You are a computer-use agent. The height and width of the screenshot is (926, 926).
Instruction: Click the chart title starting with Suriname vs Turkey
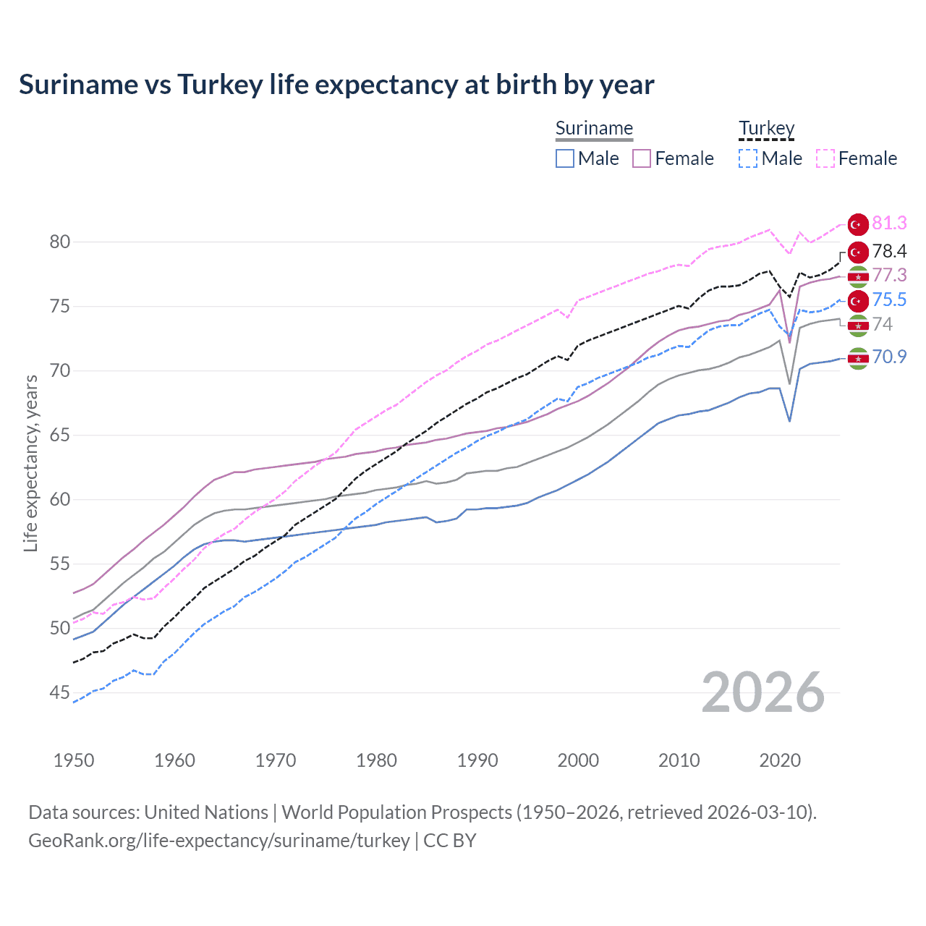pyautogui.click(x=336, y=85)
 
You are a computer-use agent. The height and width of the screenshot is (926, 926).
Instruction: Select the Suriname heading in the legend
pyautogui.click(x=594, y=128)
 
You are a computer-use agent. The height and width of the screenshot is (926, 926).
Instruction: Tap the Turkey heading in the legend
pyautogui.click(x=766, y=128)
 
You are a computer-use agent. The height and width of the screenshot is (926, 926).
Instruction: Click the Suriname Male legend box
pyautogui.click(x=565, y=158)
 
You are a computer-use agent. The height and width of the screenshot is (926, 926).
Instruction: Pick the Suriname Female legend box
pyautogui.click(x=642, y=158)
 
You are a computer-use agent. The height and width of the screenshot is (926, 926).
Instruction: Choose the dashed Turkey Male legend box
pyautogui.click(x=748, y=158)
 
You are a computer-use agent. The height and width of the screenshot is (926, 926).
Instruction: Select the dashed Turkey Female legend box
pyautogui.click(x=825, y=158)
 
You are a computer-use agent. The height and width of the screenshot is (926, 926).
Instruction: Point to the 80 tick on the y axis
pyautogui.click(x=60, y=242)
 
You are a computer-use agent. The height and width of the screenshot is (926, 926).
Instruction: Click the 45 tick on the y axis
pyautogui.click(x=60, y=693)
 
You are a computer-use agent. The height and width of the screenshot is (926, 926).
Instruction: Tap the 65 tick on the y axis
pyautogui.click(x=60, y=436)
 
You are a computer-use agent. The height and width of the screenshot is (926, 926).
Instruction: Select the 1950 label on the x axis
pyautogui.click(x=74, y=760)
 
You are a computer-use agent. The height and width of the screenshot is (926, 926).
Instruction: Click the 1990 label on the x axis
pyautogui.click(x=477, y=760)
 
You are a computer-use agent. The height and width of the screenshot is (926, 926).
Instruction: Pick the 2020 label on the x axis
pyautogui.click(x=780, y=760)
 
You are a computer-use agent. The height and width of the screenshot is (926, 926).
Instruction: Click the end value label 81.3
pyautogui.click(x=889, y=224)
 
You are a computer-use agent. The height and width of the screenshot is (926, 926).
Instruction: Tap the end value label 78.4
pyautogui.click(x=889, y=252)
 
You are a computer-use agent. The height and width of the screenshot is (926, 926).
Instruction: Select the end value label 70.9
pyautogui.click(x=889, y=357)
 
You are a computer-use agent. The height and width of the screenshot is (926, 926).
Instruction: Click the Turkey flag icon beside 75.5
pyautogui.click(x=858, y=300)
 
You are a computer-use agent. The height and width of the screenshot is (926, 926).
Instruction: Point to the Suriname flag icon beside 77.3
pyautogui.click(x=858, y=276)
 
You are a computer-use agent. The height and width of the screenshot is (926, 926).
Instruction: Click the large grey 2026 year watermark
pyautogui.click(x=763, y=692)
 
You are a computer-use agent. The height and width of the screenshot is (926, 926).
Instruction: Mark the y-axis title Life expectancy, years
pyautogui.click(x=31, y=463)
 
